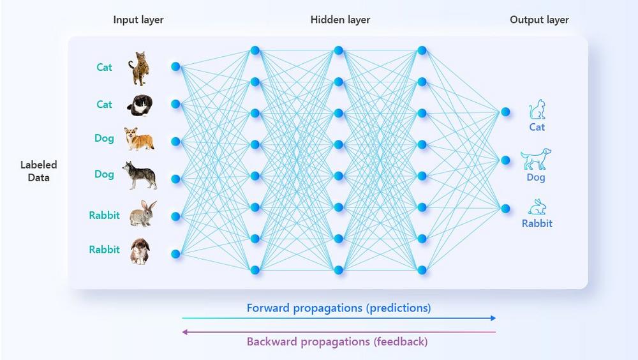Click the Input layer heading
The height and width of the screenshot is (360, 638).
[138, 20]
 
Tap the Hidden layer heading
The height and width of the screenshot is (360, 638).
[340, 20]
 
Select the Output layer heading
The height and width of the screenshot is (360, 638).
[539, 20]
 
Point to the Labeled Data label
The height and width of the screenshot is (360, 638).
[38, 171]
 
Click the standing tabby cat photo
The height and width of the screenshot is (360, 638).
[139, 68]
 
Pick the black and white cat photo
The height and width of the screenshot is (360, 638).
[138, 105]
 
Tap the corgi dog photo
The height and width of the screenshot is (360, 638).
[139, 139]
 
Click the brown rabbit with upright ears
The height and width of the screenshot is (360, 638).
[142, 214]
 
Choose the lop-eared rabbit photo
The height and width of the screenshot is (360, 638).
[139, 251]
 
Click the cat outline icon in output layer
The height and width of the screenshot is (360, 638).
[537, 109]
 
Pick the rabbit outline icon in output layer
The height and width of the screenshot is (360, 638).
[537, 207]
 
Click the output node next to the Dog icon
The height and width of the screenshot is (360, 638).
[505, 160]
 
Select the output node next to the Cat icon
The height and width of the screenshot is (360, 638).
[505, 112]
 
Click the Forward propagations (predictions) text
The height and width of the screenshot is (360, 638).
[339, 308]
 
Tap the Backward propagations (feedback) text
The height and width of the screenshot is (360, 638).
[337, 341]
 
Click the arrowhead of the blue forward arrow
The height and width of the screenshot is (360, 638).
[493, 318]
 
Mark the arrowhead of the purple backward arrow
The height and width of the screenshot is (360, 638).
[184, 332]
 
